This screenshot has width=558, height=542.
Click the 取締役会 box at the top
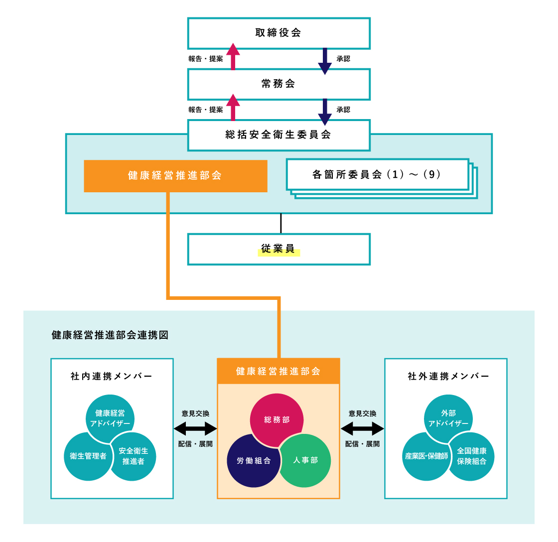[279, 33]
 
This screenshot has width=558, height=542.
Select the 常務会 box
[279, 84]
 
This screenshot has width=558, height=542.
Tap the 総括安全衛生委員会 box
[279, 135]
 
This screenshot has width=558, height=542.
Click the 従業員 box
[279, 249]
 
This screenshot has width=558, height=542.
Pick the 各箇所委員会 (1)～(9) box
[378, 174]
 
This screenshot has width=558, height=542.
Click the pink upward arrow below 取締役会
[233, 56]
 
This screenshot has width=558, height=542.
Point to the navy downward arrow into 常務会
[325, 61]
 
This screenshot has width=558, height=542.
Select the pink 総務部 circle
[277, 420]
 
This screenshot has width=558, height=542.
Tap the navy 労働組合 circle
[254, 460]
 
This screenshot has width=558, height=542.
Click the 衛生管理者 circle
[88, 456]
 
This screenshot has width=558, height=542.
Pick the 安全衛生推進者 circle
[133, 456]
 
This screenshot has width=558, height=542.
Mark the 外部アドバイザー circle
[448, 418]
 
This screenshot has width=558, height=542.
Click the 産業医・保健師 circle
[426, 456]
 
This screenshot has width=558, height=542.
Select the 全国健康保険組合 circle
[471, 456]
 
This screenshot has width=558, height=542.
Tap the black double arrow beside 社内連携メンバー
[195, 429]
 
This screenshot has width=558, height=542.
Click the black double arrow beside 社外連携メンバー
[362, 429]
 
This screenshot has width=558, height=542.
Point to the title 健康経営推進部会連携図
[110, 335]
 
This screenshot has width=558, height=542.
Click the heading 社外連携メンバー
[448, 376]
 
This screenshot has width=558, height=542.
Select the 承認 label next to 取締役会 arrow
[343, 59]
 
